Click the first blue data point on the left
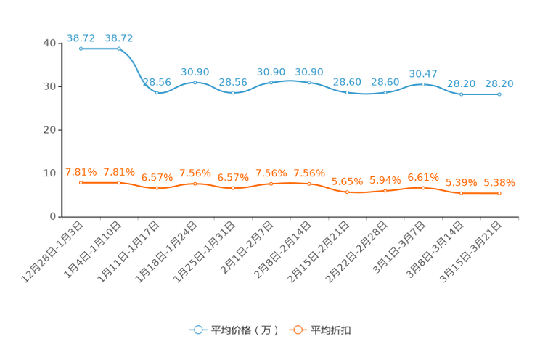coord(81,49)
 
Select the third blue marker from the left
coord(157,94)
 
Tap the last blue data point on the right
coord(499,94)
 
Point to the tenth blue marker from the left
coord(423,84)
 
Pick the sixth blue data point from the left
coord(271,82)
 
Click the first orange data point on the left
coord(81,183)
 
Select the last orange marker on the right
coord(499,194)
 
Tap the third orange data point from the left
coord(157,189)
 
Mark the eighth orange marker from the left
coord(347,193)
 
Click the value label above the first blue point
coord(81,37)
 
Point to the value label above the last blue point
coord(499,83)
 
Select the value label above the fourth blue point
coord(195,71)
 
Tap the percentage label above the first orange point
coord(81,171)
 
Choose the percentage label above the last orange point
coord(499,184)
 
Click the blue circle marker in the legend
coord(197,330)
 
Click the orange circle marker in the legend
coord(297,330)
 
